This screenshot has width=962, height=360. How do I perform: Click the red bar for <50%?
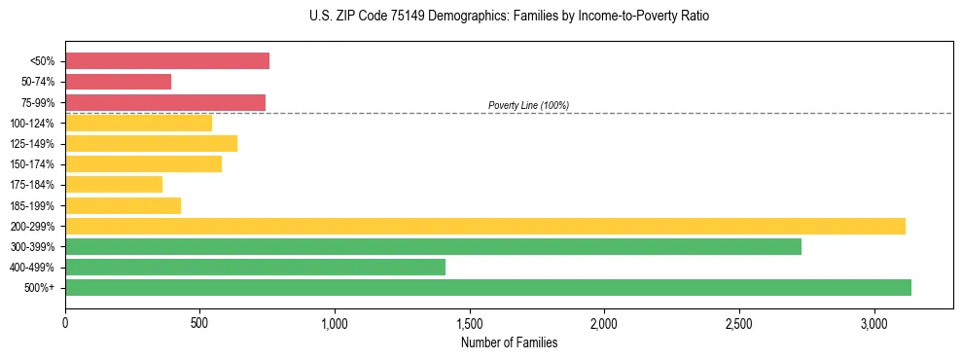click(167, 61)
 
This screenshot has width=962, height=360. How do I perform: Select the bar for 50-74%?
click(118, 82)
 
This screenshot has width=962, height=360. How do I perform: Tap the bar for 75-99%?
click(165, 102)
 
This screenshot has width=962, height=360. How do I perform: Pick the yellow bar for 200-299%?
click(485, 226)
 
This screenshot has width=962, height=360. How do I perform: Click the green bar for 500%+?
click(488, 287)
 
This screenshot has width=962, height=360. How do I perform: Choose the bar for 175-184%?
click(114, 185)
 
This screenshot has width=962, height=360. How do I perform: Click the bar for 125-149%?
click(151, 144)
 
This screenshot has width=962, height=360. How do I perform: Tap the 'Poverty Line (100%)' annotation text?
click(528, 105)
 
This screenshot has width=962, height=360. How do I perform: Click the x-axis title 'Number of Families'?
click(509, 342)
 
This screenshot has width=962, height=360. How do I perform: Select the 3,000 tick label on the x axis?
click(873, 322)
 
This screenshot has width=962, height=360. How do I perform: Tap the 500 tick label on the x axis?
click(199, 322)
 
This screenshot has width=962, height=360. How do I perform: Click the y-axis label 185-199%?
click(32, 205)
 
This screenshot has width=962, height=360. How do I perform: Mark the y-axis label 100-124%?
click(32, 124)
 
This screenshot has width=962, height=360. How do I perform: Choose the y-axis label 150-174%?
click(32, 164)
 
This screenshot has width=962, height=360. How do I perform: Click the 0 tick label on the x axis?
click(65, 322)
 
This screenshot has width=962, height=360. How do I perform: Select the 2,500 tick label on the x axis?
click(738, 322)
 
